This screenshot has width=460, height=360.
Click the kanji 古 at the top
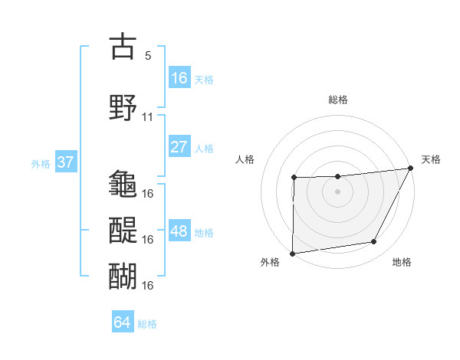123,47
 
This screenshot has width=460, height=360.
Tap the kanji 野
123,106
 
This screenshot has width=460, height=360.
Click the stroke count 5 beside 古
148,56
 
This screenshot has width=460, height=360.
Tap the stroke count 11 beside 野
148,117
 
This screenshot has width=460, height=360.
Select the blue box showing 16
179,78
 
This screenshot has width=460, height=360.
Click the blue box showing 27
179,147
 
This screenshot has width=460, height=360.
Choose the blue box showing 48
179,231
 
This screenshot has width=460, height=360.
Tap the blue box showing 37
65,162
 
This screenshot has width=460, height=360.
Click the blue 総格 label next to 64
148,324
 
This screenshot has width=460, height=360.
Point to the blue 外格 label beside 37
41,163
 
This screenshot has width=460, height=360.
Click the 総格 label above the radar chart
338,100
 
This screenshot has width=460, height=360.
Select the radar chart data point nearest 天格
412,169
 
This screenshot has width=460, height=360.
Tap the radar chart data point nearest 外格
292,254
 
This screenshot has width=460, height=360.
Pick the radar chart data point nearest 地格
374,242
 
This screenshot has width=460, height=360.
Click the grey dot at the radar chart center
337,191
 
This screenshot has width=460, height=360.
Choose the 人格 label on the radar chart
245,159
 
